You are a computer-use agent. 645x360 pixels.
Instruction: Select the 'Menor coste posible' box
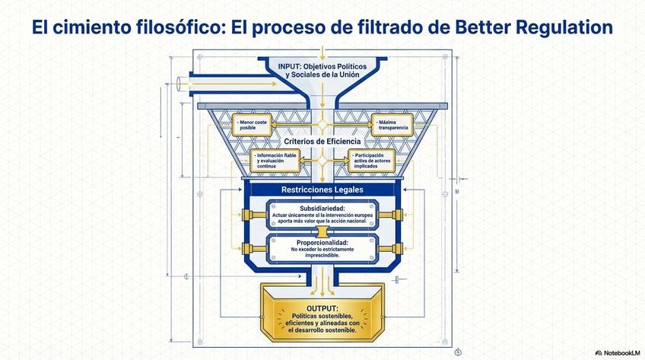coord(252,125)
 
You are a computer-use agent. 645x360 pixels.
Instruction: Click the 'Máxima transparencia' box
coord(393,125)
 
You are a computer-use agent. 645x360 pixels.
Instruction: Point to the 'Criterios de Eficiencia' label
coord(322,142)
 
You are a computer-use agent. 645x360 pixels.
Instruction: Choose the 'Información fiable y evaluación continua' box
coord(275,160)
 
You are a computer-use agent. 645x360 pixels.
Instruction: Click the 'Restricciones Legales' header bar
coord(322,189)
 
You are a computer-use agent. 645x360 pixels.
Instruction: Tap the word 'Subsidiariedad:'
coord(322,207)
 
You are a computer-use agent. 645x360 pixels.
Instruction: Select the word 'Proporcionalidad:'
coord(322,241)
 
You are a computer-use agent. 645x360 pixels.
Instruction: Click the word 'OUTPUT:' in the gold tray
coord(322,307)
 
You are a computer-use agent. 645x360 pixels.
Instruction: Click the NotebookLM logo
coord(618,352)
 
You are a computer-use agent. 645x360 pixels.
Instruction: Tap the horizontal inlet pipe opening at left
coord(179,83)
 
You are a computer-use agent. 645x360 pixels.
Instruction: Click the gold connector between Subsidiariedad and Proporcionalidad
coord(322,230)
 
